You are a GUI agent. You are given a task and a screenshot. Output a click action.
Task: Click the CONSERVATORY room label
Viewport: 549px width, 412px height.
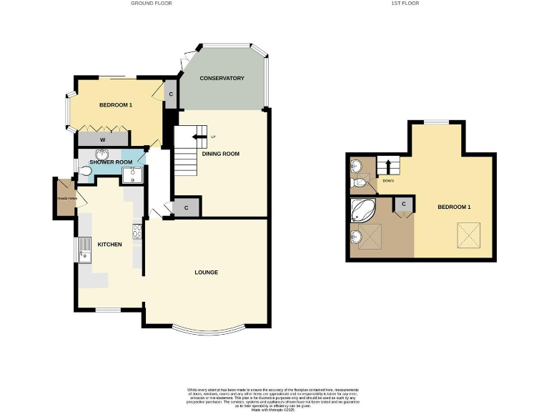(222, 78)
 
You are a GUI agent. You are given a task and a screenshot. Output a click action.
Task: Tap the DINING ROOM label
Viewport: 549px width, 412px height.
(220, 154)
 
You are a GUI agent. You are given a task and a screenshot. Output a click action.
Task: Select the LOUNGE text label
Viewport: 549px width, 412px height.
(206, 273)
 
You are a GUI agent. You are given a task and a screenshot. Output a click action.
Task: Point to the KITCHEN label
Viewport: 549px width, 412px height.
(110, 245)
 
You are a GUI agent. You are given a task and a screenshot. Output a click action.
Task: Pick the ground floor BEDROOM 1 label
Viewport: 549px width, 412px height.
(115, 105)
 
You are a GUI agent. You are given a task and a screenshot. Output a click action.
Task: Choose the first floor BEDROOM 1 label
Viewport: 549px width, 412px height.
(454, 207)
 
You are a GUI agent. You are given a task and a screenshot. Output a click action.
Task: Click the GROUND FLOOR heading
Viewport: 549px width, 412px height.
(151, 4)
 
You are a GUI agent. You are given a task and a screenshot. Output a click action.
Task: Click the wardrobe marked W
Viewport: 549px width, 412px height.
(103, 139)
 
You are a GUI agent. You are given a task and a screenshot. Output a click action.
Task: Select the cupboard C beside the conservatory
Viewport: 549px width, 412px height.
(170, 93)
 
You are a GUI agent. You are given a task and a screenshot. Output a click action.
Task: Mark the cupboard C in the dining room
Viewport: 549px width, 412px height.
(186, 207)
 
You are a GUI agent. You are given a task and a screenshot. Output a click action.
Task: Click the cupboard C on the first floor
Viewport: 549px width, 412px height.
(404, 205)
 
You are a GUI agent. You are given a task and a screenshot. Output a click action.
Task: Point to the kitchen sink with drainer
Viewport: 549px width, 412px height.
(84, 251)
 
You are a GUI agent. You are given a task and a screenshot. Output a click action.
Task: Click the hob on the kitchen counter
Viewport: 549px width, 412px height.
(136, 231)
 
